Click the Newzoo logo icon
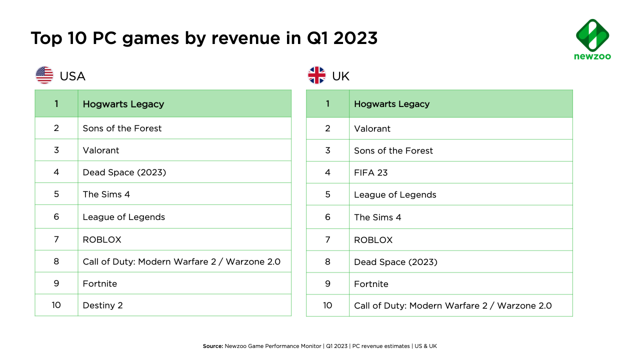pyautogui.click(x=592, y=35)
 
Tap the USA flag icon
pyautogui.click(x=44, y=75)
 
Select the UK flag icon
pyautogui.click(x=316, y=75)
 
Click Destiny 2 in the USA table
pyautogui.click(x=102, y=305)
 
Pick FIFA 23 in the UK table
pyautogui.click(x=370, y=172)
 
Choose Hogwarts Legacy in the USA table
pyautogui.click(x=123, y=104)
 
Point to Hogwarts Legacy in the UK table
pyautogui.click(x=391, y=104)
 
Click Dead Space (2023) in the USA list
pyautogui.click(x=124, y=172)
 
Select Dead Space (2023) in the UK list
pyautogui.click(x=395, y=262)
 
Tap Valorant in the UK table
pyautogui.click(x=372, y=128)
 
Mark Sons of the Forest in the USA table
pyautogui.click(x=122, y=128)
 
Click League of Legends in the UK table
pyautogui.click(x=395, y=194)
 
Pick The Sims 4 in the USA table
pyautogui.click(x=106, y=194)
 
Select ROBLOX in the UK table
pyautogui.click(x=373, y=240)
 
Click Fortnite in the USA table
pyautogui.click(x=99, y=283)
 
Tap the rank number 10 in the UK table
pyautogui.click(x=327, y=305)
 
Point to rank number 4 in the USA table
pyautogui.click(x=56, y=172)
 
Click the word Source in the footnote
pyautogui.click(x=212, y=346)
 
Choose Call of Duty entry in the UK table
pyautogui.click(x=452, y=305)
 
